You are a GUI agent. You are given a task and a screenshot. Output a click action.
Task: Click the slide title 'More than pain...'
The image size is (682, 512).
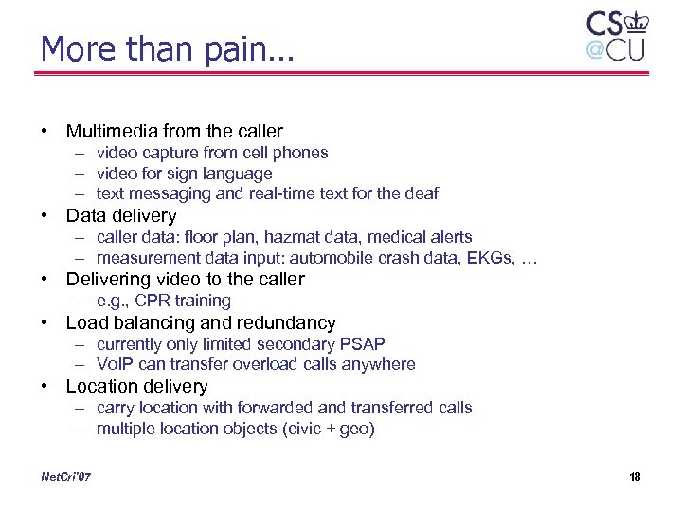pos(168,48)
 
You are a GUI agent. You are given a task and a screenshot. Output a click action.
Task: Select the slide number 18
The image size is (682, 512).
pos(635,476)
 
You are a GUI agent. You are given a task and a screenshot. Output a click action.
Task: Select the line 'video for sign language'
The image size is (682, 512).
pos(184,173)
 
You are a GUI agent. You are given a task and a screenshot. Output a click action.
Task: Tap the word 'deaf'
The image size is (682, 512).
pos(422,193)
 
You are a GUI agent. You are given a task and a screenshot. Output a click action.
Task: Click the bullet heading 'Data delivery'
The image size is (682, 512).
pos(121,215)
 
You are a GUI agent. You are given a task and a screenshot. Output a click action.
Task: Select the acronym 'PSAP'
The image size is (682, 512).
pos(363,343)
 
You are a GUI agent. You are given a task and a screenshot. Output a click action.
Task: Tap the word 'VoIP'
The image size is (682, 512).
pos(114,364)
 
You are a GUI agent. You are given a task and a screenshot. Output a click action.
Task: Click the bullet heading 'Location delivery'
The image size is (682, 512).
pos(136,386)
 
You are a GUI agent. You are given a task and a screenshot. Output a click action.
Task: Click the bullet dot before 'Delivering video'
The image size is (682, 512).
pos(45,279)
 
